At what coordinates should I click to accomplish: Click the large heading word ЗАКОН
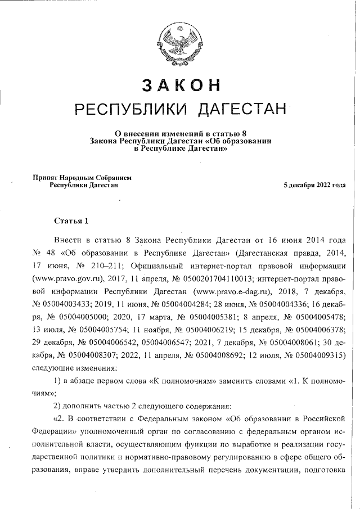(180, 84)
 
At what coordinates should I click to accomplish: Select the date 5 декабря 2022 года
(314, 184)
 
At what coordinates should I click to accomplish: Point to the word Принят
(47, 177)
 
